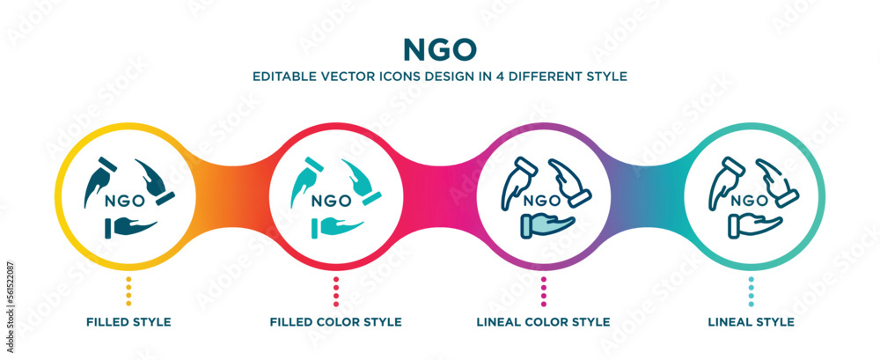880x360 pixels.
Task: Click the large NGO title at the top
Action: [x=439, y=47]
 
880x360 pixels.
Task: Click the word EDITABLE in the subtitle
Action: [x=282, y=76]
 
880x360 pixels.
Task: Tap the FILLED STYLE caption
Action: [x=128, y=322]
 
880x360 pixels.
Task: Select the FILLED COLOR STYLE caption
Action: [x=335, y=322]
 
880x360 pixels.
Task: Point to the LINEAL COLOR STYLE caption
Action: [x=544, y=322]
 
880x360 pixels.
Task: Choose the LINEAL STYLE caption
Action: [x=751, y=322]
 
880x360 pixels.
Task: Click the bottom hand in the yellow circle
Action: [x=130, y=227]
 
